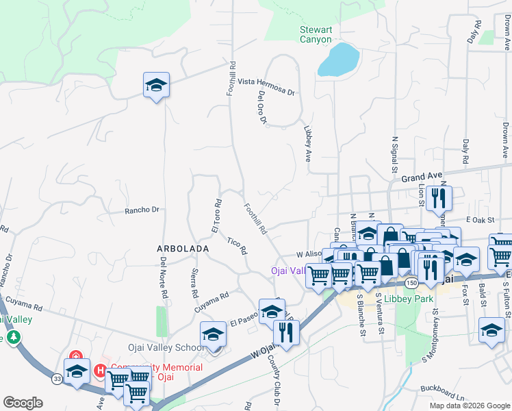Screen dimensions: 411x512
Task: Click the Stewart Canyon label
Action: (x=316, y=34)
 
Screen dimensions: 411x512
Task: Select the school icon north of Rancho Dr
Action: (x=156, y=86)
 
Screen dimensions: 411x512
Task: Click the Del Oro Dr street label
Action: (x=261, y=108)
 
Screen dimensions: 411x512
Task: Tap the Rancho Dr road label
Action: (x=142, y=210)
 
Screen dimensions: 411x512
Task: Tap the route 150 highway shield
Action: (x=411, y=282)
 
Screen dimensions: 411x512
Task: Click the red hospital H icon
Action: (x=101, y=371)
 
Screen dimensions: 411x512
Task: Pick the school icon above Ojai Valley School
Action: (x=213, y=335)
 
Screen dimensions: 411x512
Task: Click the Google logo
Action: (x=23, y=403)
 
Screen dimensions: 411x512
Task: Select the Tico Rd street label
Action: (x=237, y=246)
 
